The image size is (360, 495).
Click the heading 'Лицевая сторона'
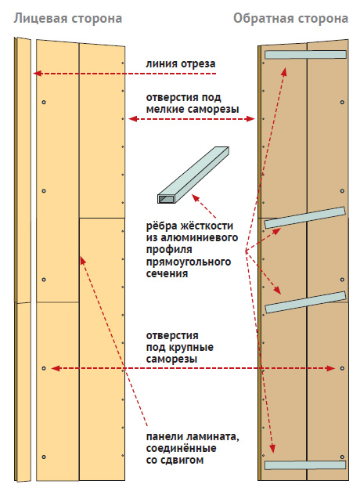point(68,19)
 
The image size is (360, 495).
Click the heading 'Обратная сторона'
point(290,19)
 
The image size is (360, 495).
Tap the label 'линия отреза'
point(181,64)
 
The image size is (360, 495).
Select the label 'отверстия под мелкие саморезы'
point(193,103)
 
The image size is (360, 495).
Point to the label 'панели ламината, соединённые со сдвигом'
point(193,448)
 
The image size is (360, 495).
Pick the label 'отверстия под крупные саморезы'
point(179,347)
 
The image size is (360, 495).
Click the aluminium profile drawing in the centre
point(193,175)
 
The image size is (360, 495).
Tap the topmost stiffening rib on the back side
point(305,54)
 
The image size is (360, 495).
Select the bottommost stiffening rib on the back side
point(305,465)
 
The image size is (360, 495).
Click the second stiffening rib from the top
point(305,217)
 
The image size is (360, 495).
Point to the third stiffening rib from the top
point(305,302)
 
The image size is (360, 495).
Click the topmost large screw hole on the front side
point(44,103)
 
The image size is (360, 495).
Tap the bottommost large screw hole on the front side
point(44,457)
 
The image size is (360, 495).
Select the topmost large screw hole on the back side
point(342,103)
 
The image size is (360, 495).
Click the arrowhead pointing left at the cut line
point(38,74)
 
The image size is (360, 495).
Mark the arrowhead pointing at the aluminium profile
point(196,198)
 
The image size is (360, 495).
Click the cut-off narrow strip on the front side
point(23,259)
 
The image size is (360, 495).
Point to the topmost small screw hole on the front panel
point(123,63)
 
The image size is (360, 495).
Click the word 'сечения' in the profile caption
point(167,273)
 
